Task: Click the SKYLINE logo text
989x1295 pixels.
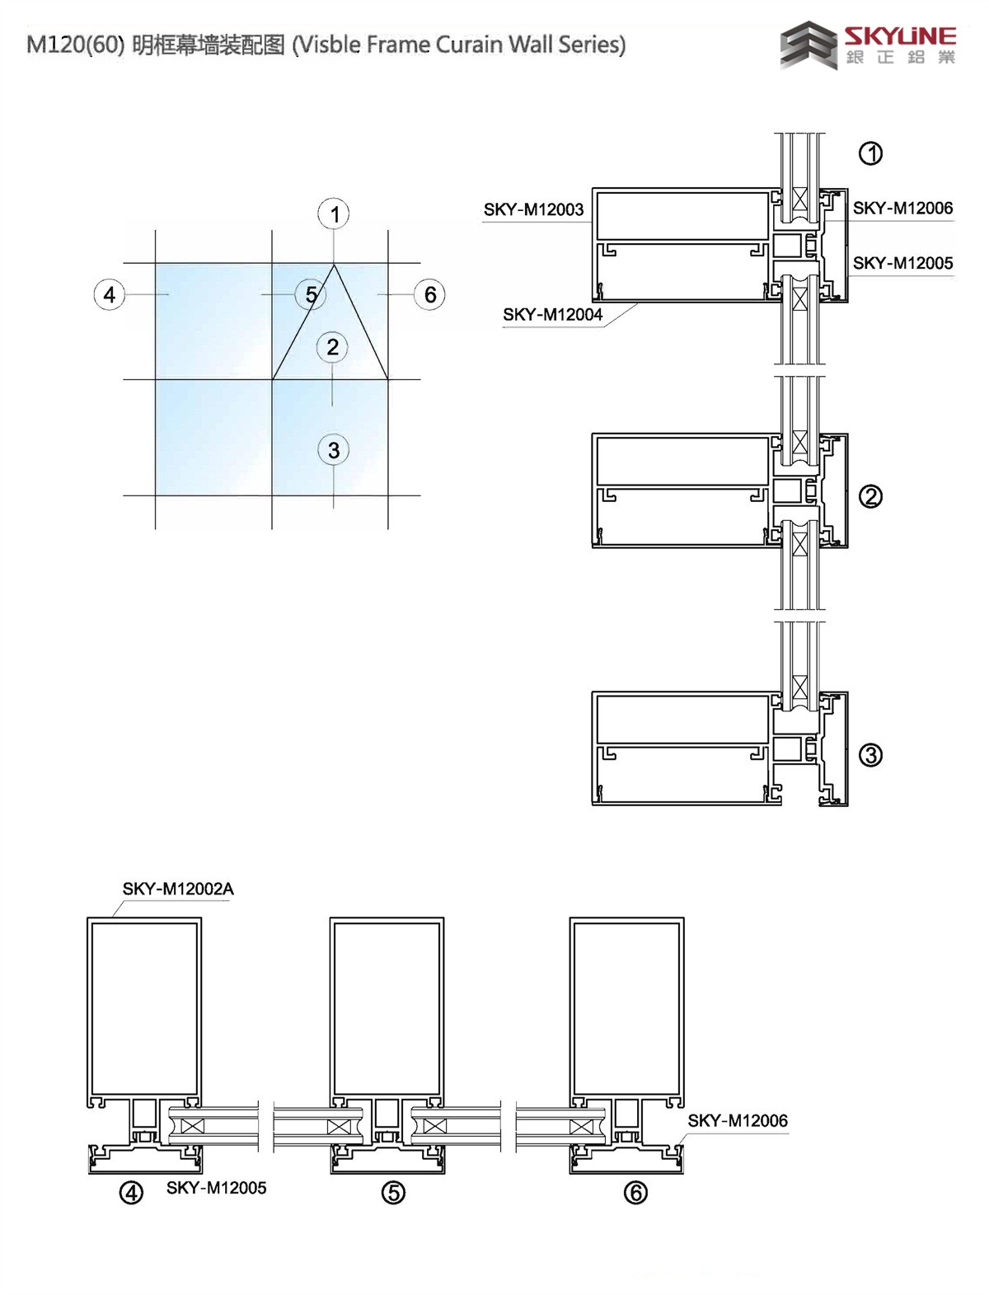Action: (x=900, y=36)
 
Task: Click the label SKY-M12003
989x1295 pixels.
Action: (x=534, y=209)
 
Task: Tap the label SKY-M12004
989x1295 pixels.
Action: (x=552, y=314)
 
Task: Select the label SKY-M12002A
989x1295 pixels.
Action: (x=178, y=889)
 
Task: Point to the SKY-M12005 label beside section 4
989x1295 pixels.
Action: (x=217, y=1188)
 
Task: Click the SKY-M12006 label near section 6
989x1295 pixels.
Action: (x=738, y=1120)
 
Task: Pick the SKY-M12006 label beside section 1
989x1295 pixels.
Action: (x=903, y=208)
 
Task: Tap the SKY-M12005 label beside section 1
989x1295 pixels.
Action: (x=903, y=262)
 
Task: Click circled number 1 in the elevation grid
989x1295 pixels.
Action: (x=334, y=213)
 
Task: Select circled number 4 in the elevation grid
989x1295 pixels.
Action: (x=110, y=294)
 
